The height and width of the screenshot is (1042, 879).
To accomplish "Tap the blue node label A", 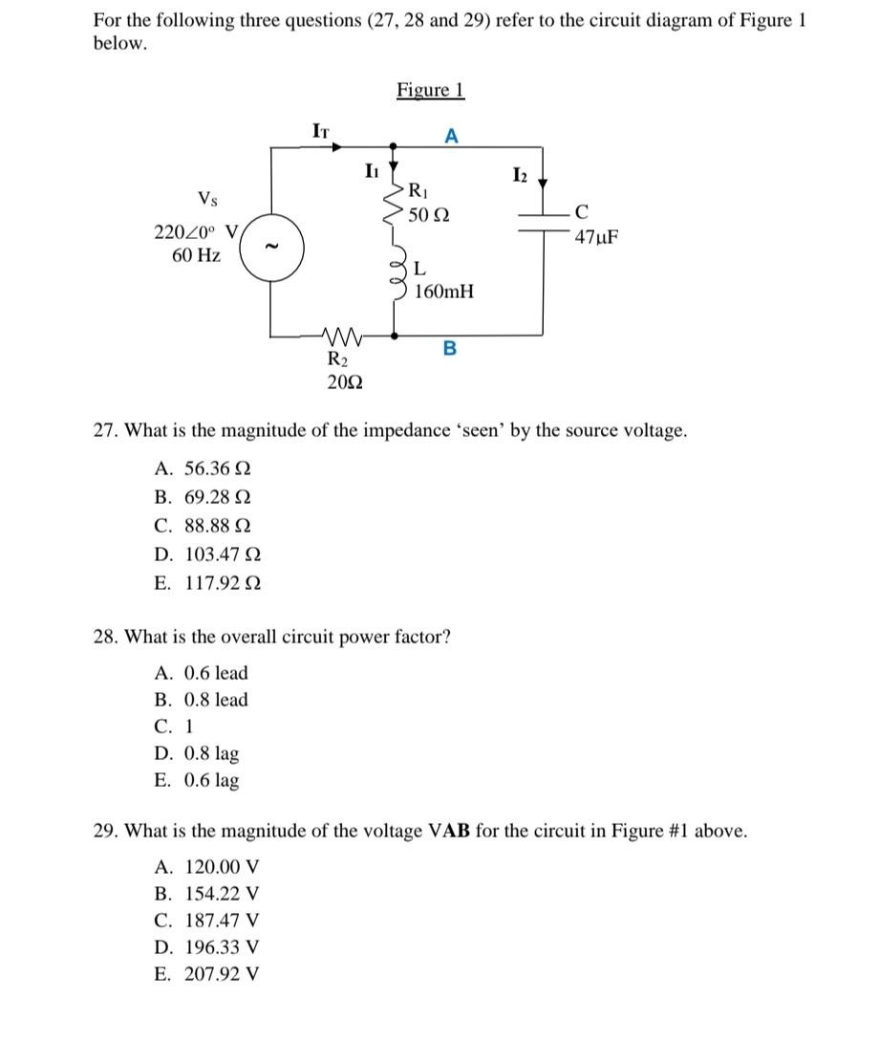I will click(452, 137).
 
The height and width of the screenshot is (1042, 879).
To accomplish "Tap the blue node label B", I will click(450, 349).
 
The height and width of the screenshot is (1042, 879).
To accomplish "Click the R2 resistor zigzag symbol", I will click(339, 336).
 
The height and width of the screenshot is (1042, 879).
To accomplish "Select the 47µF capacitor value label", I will click(596, 236).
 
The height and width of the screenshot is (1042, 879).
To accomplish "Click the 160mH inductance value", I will click(443, 291).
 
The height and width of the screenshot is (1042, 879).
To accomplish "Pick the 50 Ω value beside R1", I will click(429, 216).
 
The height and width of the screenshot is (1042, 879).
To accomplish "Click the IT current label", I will click(321, 130).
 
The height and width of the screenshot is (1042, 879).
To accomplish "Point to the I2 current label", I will click(519, 174).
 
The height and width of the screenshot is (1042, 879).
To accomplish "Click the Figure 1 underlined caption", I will click(430, 90).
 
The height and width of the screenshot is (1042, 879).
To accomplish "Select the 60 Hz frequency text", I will click(197, 255).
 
